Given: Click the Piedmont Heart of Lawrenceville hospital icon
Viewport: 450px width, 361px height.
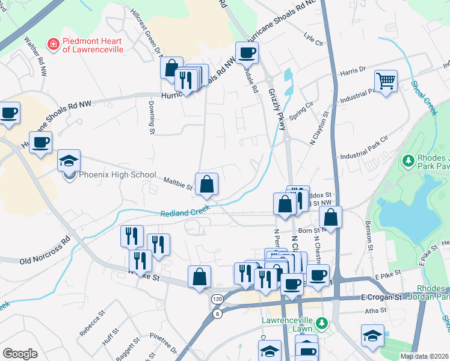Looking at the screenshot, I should click(x=54, y=44).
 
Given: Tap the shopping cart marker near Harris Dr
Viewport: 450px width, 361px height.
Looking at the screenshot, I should click(x=386, y=80).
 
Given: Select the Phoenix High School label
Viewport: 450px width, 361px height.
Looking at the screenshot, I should click(x=117, y=175).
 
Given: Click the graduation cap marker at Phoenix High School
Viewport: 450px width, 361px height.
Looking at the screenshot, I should click(x=69, y=161).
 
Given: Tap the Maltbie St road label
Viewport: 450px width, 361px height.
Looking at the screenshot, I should click(x=177, y=183).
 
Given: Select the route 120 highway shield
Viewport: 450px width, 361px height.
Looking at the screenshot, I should click(x=216, y=298).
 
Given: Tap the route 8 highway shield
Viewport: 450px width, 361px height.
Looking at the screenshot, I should click(x=216, y=313).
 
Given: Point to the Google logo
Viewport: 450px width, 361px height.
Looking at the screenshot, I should click(x=20, y=353).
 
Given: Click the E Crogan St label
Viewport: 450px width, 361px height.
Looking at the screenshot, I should click(x=380, y=298).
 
